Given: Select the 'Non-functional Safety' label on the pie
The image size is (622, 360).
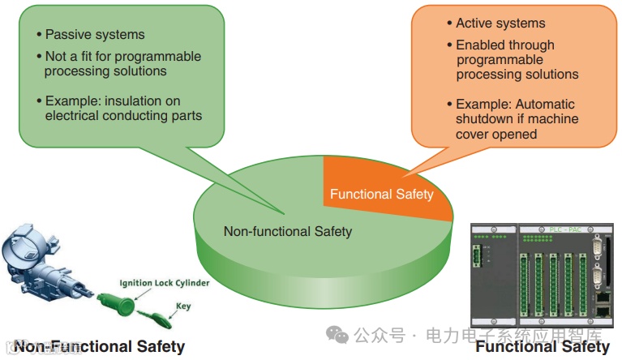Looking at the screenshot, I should [x=287, y=232].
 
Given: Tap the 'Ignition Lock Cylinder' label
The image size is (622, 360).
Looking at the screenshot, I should [x=165, y=283].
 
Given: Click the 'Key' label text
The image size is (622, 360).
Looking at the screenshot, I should [x=183, y=306].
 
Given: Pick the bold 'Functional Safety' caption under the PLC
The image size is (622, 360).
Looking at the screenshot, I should [x=543, y=347].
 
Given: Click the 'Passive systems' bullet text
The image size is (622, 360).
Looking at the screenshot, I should [x=95, y=35].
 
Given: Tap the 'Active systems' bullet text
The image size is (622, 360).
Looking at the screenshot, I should [x=500, y=24].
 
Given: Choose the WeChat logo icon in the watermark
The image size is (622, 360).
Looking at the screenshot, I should [x=334, y=335].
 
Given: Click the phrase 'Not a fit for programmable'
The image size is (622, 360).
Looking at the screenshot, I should [x=122, y=57].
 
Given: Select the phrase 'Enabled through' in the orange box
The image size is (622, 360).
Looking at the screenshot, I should [x=505, y=45].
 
